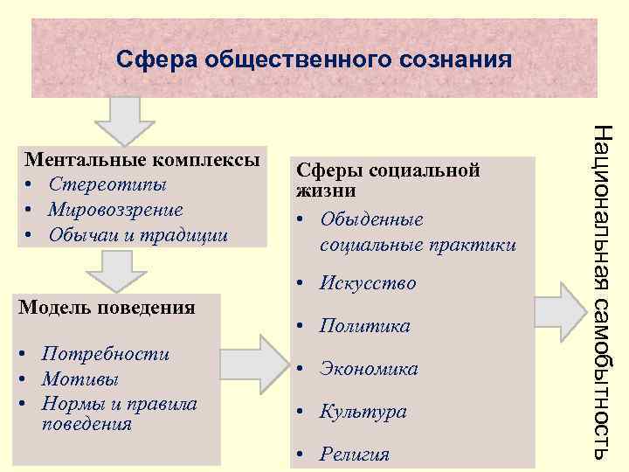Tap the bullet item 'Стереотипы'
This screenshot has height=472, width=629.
click(x=107, y=185)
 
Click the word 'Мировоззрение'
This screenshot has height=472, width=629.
click(x=116, y=210)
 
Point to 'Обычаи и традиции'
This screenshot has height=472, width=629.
click(x=138, y=235)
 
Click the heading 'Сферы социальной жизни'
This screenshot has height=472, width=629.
click(x=389, y=179)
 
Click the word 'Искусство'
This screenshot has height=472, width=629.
click(x=368, y=283)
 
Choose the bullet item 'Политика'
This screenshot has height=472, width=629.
click(x=364, y=326)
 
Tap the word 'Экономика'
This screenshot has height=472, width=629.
click(x=369, y=369)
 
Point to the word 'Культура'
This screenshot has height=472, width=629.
click(x=363, y=411)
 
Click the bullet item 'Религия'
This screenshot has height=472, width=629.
click(x=355, y=454)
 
